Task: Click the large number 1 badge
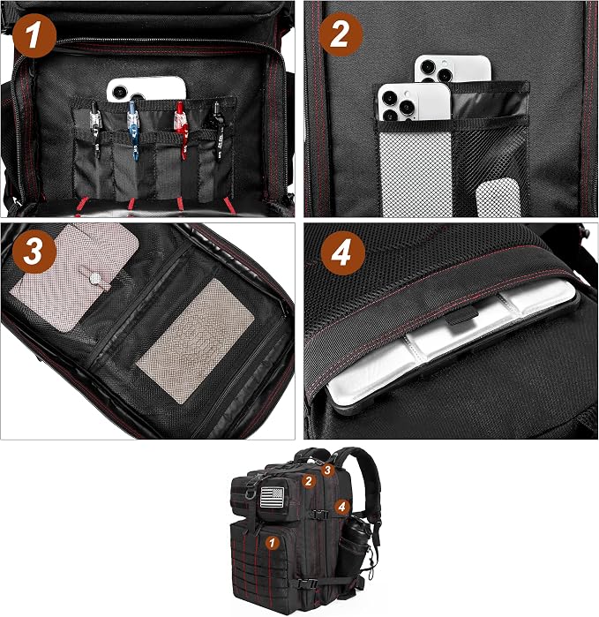click(34, 36)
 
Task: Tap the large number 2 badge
click(341, 34)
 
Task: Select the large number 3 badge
click(34, 251)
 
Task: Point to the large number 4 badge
click(342, 253)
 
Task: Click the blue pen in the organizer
click(133, 130)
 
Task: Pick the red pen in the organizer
click(181, 130)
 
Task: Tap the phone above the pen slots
click(146, 89)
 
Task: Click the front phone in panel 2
click(415, 102)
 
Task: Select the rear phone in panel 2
click(453, 69)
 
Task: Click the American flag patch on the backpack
click(272, 497)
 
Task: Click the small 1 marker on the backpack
click(272, 543)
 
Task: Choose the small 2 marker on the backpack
click(309, 481)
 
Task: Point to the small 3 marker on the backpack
click(328, 470)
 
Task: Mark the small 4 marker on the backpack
click(341, 507)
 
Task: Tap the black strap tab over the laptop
click(461, 316)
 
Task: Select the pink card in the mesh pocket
click(75, 275)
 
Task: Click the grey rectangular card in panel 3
click(196, 341)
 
